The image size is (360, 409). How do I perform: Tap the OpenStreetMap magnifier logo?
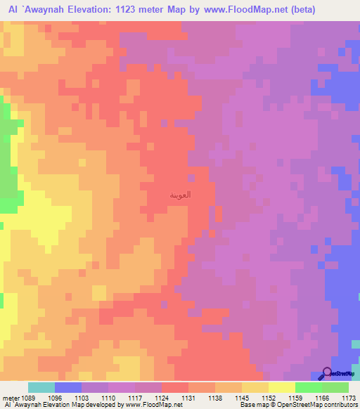pos(326,373)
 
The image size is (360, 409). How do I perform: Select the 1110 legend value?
pos(108,397)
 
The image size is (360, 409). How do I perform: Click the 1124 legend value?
pos(161,397)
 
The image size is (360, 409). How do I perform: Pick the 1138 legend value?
pos(214,397)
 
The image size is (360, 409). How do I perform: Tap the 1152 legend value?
pos(268,397)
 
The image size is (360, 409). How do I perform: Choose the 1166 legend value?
pos(321,397)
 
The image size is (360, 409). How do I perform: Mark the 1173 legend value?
pos(348,397)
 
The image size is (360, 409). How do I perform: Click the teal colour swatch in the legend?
pos(41,387)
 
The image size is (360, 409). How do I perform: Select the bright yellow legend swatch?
pos(281,387)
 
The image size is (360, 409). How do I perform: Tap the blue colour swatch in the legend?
pos(68,387)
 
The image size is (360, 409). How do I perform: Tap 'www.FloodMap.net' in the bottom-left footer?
pos(150,405)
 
